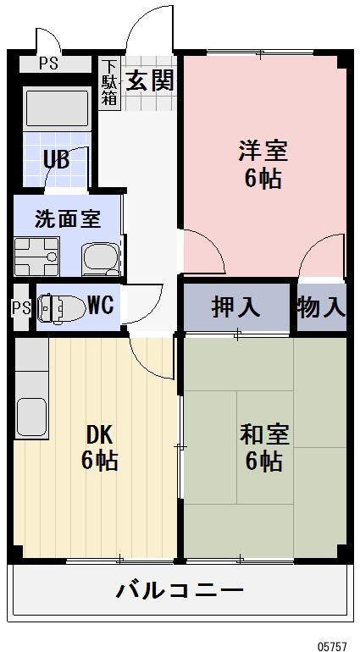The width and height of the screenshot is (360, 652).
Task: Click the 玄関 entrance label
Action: (151, 80)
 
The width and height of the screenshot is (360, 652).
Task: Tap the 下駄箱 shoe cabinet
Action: (109, 83)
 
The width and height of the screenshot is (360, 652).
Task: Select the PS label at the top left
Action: (48, 64)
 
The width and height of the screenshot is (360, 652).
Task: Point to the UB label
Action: (56, 157)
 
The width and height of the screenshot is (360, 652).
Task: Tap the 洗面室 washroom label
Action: (67, 219)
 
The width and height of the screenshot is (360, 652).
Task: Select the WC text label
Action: (101, 305)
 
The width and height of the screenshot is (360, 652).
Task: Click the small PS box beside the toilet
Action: (20, 307)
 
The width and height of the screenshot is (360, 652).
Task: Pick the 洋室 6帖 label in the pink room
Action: (263, 164)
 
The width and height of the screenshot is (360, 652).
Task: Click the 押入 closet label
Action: (235, 307)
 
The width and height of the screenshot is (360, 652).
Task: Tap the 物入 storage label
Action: (321, 307)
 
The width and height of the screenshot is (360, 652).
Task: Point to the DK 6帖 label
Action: (99, 447)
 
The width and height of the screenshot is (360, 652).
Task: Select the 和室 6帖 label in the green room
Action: (264, 448)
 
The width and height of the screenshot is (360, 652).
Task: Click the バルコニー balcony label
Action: (180, 589)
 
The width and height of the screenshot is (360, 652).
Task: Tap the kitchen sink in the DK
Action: (32, 416)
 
